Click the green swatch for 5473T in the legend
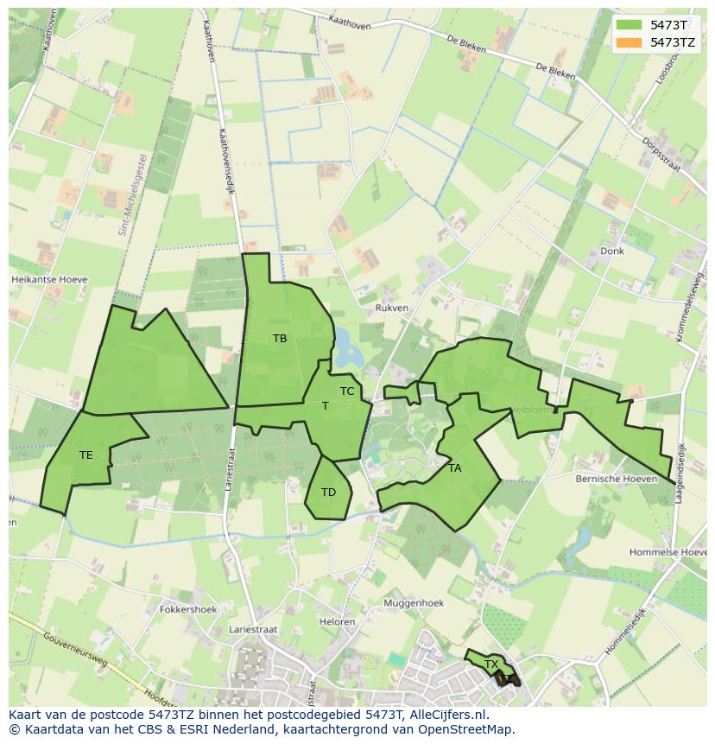(x=629, y=25)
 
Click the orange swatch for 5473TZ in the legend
(x=629, y=41)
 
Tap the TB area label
(x=280, y=339)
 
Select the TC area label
(x=347, y=391)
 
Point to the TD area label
(x=328, y=493)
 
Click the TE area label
(x=85, y=455)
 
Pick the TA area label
(x=455, y=468)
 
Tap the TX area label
(x=491, y=665)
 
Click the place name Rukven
(x=392, y=308)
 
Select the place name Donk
(x=611, y=251)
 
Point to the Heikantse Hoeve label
(x=49, y=280)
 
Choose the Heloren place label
(x=337, y=622)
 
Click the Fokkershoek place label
(x=188, y=609)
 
